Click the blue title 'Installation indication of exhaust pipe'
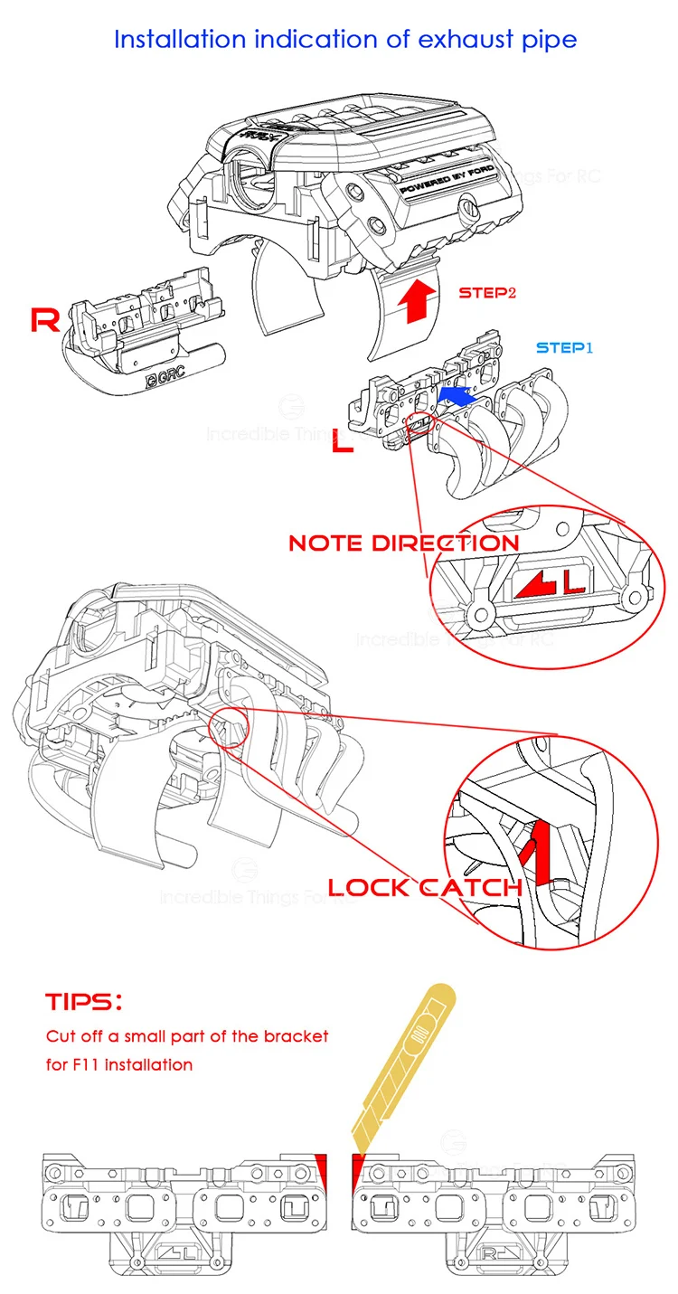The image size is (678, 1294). click(x=344, y=40)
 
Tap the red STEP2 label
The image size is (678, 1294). click(x=487, y=293)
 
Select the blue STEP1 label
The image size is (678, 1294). click(x=564, y=347)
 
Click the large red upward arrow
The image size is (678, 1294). click(x=417, y=300)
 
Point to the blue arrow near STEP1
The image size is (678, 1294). click(x=456, y=395)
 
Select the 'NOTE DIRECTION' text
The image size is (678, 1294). click(x=403, y=543)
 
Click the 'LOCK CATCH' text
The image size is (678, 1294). click(x=425, y=887)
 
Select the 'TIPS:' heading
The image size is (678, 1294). click(x=83, y=1002)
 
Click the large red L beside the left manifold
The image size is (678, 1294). click(x=341, y=444)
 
